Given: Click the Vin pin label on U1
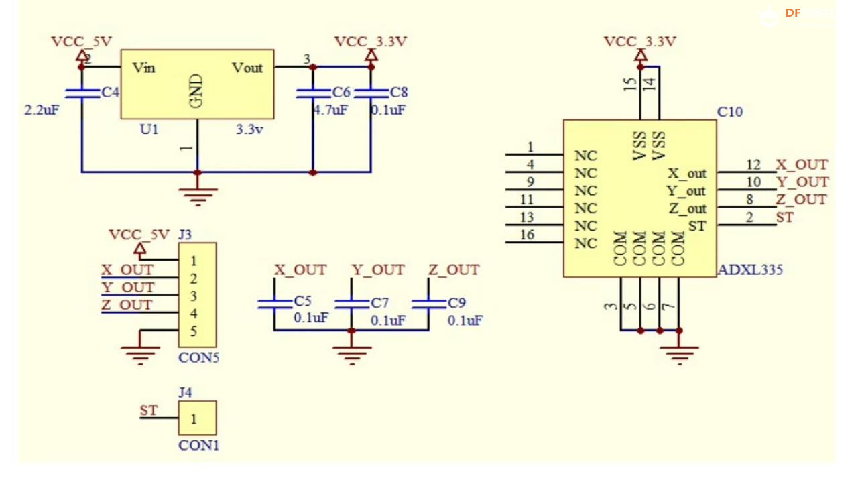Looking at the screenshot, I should tap(144, 68).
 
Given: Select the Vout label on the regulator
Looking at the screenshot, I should tap(247, 68).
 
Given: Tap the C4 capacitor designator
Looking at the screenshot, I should tap(110, 93).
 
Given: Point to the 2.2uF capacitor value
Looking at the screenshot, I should tap(42, 109).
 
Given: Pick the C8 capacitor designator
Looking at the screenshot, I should tap(399, 93).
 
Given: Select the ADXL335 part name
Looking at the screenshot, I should tap(750, 271).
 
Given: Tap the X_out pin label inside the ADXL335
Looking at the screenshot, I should tap(687, 174).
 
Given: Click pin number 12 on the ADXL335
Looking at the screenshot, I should tap(753, 164).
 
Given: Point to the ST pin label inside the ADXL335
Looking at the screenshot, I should tap(697, 226).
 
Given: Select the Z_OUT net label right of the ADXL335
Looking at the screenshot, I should tap(802, 199).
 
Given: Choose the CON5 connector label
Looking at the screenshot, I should tap(199, 357).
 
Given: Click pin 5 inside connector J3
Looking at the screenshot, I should tap(194, 331).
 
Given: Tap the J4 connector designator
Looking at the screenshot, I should tap(186, 392).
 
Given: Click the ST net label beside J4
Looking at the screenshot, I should tap(149, 410).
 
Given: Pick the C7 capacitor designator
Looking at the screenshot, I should tap(379, 303).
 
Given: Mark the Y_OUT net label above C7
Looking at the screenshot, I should tap(378, 269).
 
